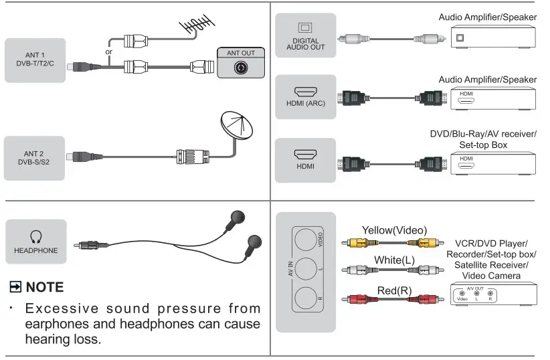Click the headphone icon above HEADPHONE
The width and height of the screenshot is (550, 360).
click(x=36, y=237)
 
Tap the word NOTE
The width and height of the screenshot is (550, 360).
click(x=45, y=287)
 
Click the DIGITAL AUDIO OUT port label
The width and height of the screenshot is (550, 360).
click(x=305, y=44)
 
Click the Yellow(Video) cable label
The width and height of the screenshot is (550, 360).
click(x=394, y=230)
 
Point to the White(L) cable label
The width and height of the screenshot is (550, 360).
click(x=393, y=260)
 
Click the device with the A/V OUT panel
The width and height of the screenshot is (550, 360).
click(x=493, y=294)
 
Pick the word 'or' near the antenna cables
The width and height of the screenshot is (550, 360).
click(x=109, y=52)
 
